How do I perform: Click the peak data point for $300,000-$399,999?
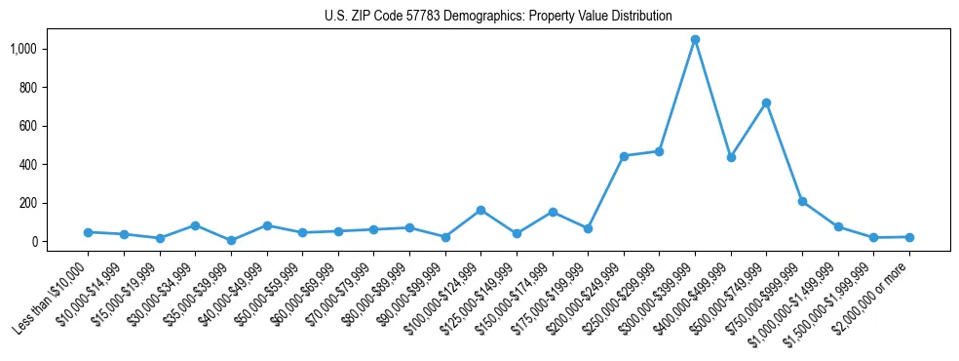click(695, 40)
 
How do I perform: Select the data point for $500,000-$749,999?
click(766, 102)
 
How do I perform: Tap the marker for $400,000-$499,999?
click(731, 157)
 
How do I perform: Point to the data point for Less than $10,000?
click(88, 232)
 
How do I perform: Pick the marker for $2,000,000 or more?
click(909, 237)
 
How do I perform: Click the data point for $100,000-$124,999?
click(480, 210)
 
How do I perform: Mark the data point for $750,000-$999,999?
click(802, 201)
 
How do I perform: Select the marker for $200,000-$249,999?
click(624, 156)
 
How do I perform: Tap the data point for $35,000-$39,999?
click(231, 240)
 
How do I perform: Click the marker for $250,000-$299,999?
click(659, 151)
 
